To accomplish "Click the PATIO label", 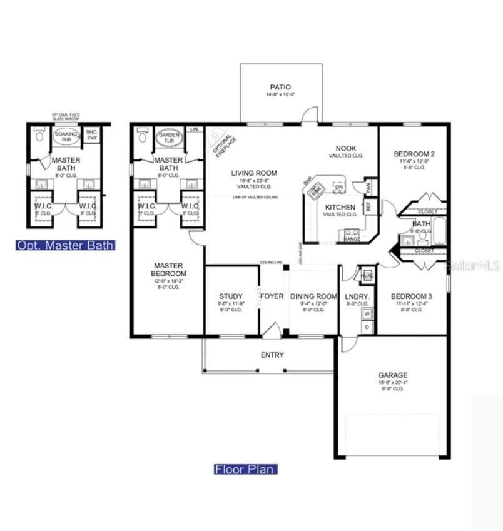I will pyautogui.click(x=280, y=88).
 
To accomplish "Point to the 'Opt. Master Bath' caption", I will pyautogui.click(x=65, y=245).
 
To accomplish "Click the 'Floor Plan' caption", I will pyautogui.click(x=245, y=469).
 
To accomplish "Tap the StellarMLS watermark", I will pyautogui.click(x=473, y=266).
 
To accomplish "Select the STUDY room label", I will pyautogui.click(x=231, y=296).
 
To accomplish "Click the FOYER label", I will pyautogui.click(x=272, y=296).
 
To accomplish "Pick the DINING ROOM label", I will pyautogui.click(x=314, y=296).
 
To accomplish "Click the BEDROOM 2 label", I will pyautogui.click(x=414, y=154).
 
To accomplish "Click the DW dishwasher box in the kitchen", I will pyautogui.click(x=338, y=187).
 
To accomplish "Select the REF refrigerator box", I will pyautogui.click(x=368, y=205).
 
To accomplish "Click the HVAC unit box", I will pyautogui.click(x=368, y=275).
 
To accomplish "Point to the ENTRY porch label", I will pyautogui.click(x=272, y=355).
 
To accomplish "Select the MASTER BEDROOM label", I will pyautogui.click(x=168, y=270).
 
